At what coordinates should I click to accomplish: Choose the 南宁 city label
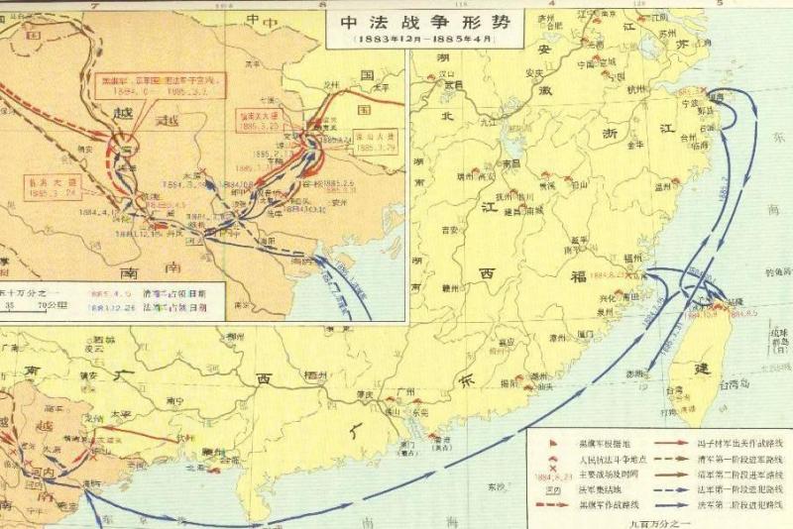click(180, 401)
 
